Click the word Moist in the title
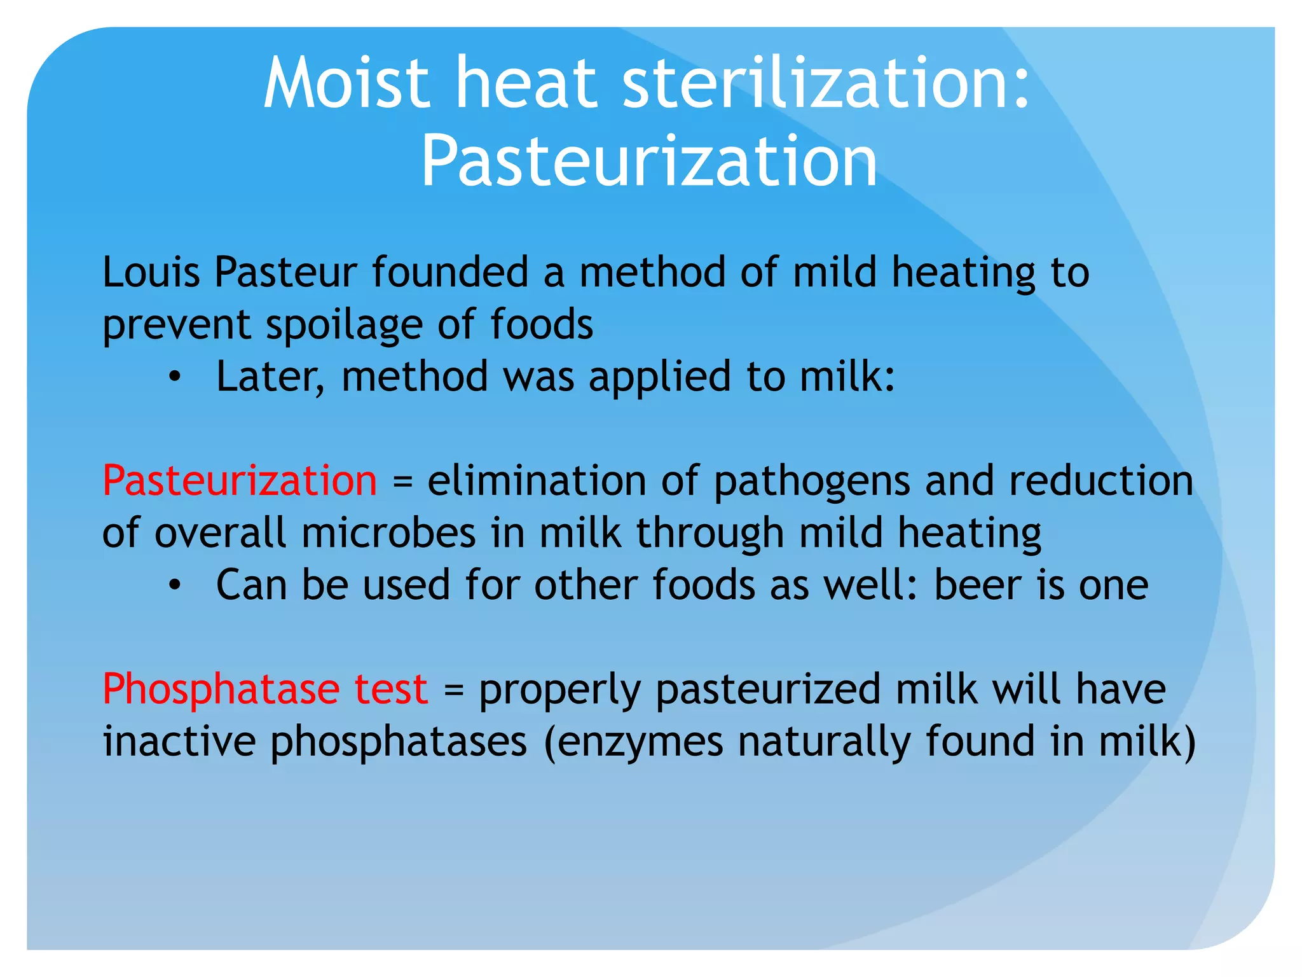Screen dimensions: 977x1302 tap(346, 83)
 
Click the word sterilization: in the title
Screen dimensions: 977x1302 tap(826, 83)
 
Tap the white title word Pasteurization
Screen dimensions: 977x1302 tap(649, 162)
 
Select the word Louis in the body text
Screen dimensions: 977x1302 tap(151, 272)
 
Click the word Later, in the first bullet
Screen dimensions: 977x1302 tap(270, 377)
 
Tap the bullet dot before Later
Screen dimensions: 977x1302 tap(175, 377)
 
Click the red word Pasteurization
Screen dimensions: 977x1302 tap(240, 480)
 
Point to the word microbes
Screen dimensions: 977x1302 tap(388, 532)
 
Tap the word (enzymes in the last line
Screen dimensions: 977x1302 tap(633, 742)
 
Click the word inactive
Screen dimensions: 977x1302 tap(179, 741)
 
